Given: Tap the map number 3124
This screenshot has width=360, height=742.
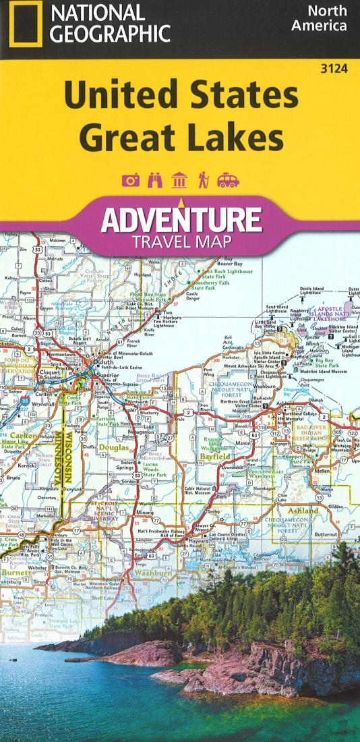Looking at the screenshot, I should (x=334, y=67).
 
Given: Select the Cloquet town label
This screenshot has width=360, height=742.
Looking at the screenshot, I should (x=51, y=372).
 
